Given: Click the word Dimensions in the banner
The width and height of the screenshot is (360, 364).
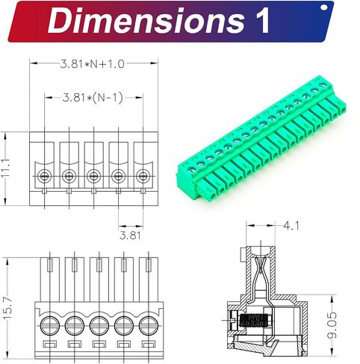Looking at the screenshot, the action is point(146,20).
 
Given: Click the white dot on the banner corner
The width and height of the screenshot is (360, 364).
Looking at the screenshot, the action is point(324,7).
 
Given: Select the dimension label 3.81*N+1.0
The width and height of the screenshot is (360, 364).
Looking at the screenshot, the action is point(92,64).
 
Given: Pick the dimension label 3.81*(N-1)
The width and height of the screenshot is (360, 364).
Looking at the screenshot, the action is point(93,98).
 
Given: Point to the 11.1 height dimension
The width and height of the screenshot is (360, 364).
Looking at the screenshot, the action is point(5,168).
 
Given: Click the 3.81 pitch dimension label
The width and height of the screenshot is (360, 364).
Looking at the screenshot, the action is point(130,235).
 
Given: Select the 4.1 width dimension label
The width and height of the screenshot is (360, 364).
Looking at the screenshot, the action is point(291,226).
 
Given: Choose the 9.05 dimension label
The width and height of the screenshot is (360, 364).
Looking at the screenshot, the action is point(332,325).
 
